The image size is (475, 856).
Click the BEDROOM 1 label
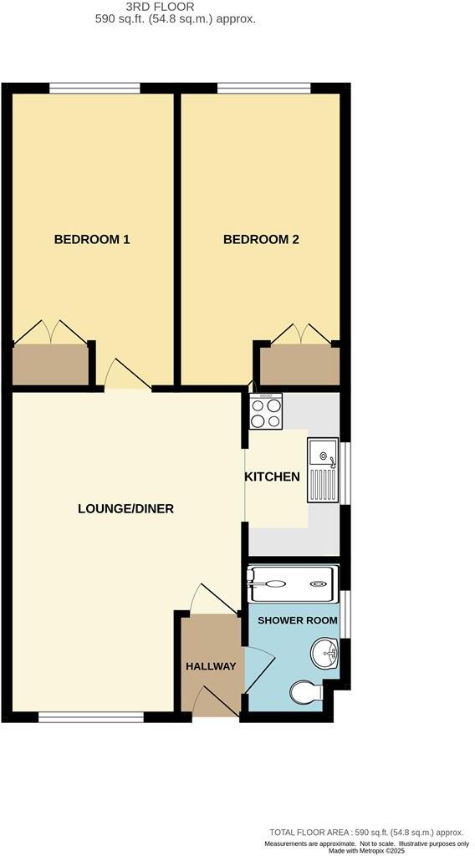click(x=92, y=240)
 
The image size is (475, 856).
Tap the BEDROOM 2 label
click(x=261, y=240)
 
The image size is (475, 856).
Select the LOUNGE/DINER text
click(x=125, y=508)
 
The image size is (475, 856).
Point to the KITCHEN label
click(x=272, y=477)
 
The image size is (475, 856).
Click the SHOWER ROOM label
click(x=298, y=620)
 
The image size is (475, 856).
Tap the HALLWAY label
click(x=211, y=666)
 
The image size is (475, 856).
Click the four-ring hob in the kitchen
click(x=267, y=410)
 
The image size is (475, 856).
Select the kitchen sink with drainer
click(x=322, y=470)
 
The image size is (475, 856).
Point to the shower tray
click(x=292, y=583)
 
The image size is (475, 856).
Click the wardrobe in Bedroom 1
click(x=50, y=365)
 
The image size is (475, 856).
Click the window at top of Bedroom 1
click(x=94, y=88)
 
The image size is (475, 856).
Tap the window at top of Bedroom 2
click(x=264, y=88)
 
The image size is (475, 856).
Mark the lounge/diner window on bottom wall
click(x=91, y=716)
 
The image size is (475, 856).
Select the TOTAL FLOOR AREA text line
click(x=365, y=833)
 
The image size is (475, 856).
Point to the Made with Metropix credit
click(x=366, y=851)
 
